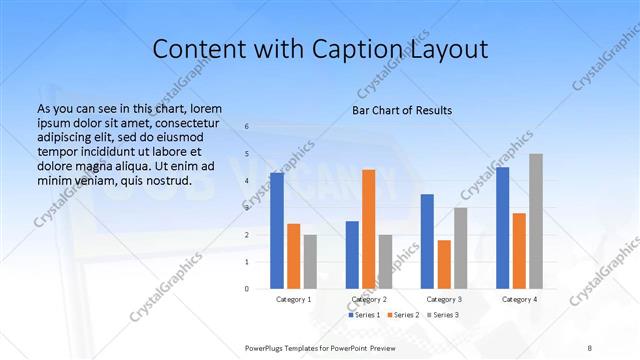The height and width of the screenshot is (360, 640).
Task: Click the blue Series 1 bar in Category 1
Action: [x=276, y=230]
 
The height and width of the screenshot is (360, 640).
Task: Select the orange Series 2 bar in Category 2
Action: [x=368, y=228]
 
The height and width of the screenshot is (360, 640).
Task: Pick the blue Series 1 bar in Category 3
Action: [x=427, y=240]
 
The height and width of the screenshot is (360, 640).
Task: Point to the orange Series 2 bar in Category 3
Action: [x=444, y=263]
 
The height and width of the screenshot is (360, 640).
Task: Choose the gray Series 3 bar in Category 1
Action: [x=310, y=261]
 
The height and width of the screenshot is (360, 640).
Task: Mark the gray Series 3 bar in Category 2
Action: [x=385, y=261]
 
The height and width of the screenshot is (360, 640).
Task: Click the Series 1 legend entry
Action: [x=363, y=315]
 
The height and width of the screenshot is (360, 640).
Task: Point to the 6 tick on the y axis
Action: [x=247, y=127]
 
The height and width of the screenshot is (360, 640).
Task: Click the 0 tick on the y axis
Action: [x=247, y=288]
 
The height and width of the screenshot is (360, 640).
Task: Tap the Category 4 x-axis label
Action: [x=519, y=299]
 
